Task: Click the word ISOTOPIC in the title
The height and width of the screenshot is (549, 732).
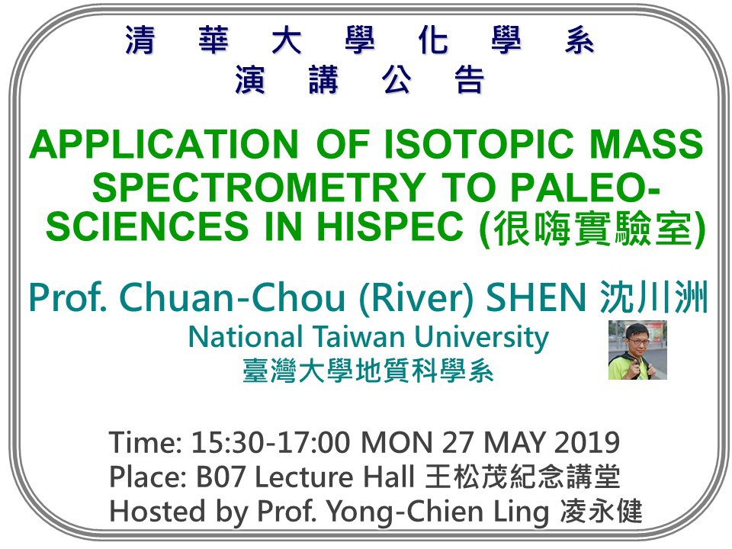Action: pos(478,144)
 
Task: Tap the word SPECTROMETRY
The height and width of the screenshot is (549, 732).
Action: pos(259,188)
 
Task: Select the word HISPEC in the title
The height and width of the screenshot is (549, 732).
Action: pos(390,226)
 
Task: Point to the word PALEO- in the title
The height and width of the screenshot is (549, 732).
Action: pos(584,188)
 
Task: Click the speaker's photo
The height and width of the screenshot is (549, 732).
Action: pos(637,350)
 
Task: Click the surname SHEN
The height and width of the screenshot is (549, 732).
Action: pos(536,298)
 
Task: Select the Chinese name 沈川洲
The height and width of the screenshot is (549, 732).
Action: pos(654,297)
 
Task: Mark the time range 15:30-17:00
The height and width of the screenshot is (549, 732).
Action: pos(270,442)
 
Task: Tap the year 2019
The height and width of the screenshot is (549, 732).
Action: pos(587,442)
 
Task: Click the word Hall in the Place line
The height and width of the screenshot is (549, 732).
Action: pos(389,477)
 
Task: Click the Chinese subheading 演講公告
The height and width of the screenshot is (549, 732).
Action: pos(359,79)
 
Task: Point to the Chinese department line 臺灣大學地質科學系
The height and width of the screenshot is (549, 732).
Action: pos(368,372)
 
